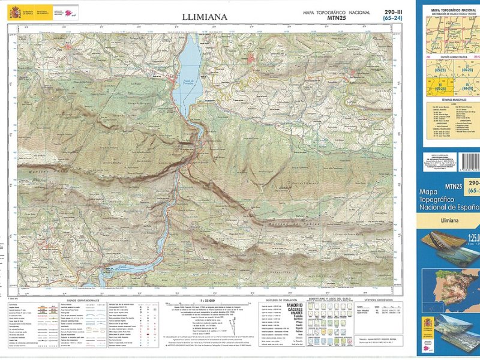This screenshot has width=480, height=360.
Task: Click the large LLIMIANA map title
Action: pyautogui.click(x=205, y=17)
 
